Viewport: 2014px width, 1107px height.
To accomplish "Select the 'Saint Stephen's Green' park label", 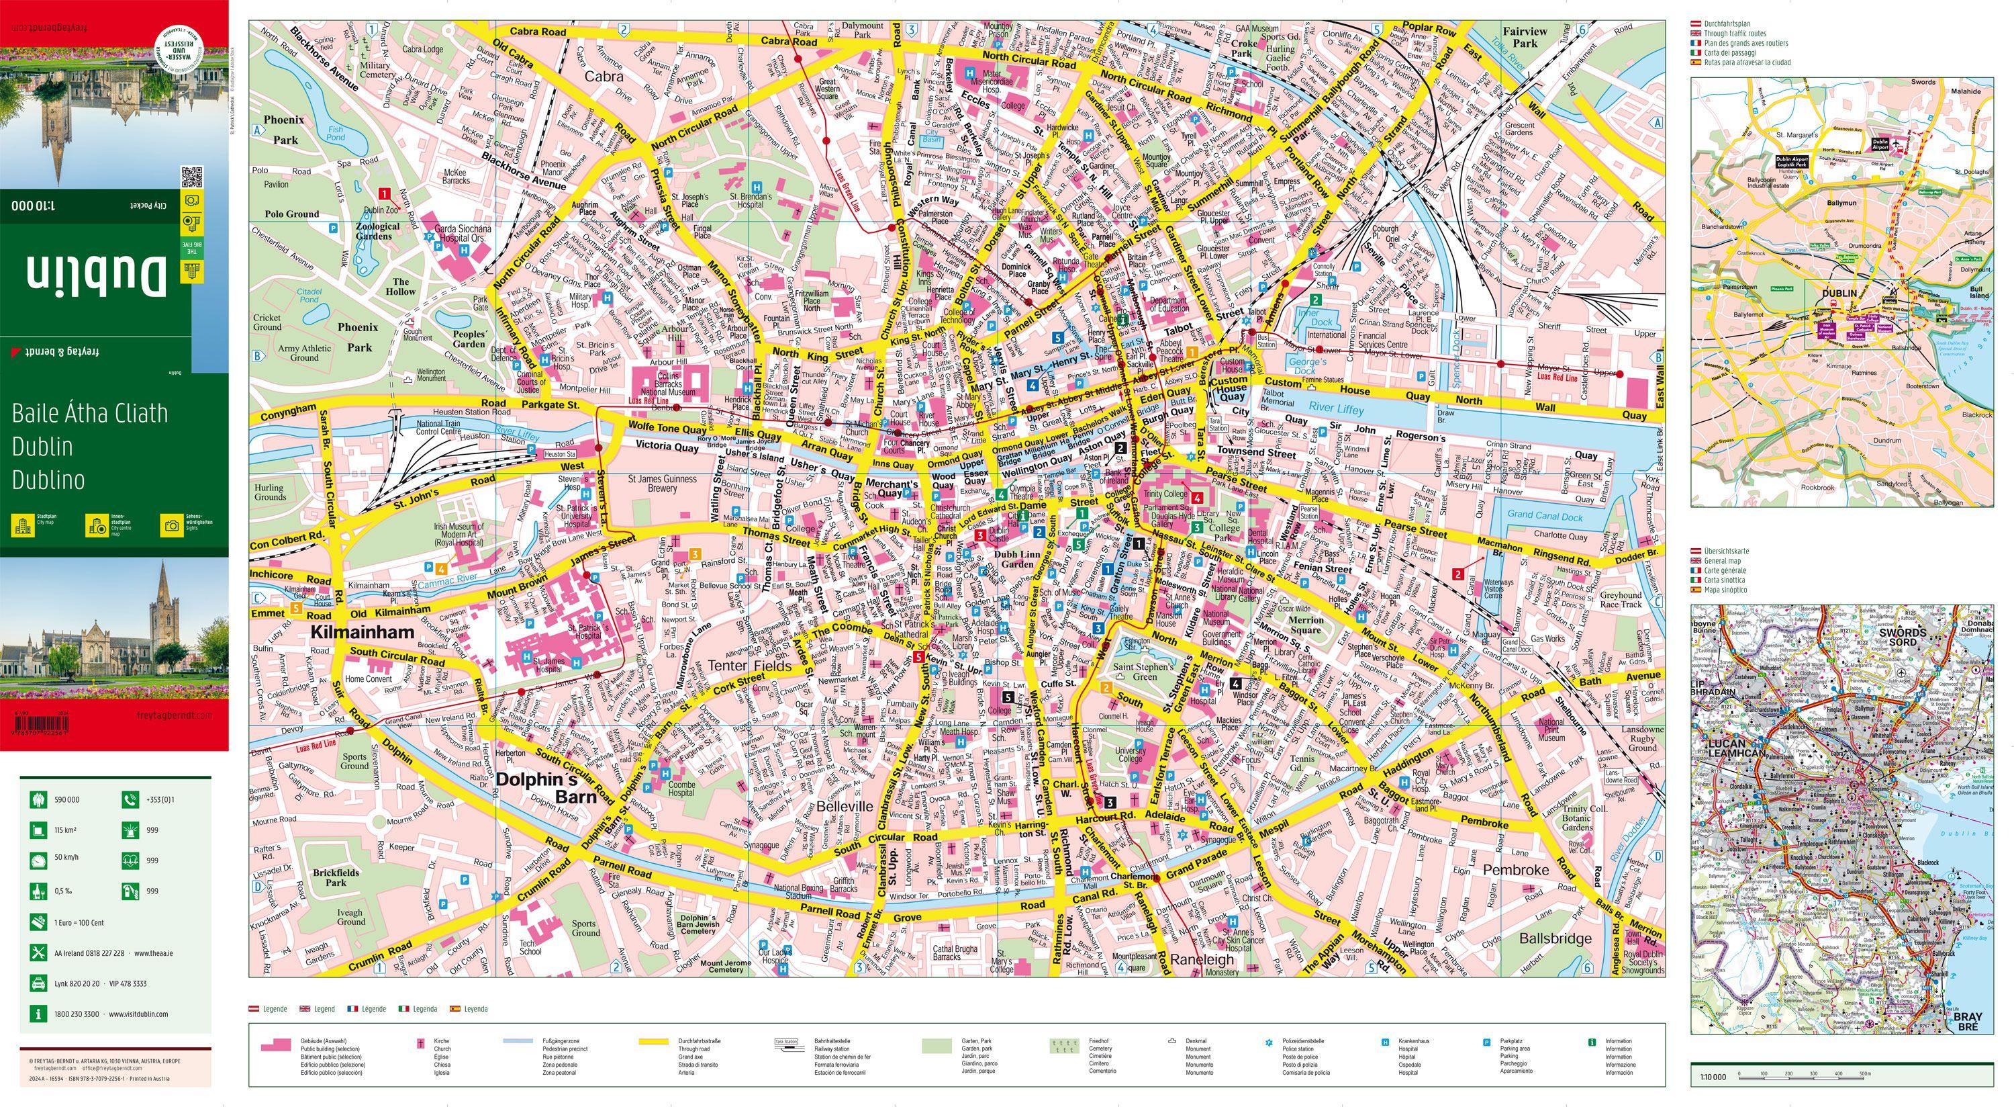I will click(x=1143, y=670).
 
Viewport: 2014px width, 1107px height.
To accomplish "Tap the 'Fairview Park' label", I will click(x=1525, y=37).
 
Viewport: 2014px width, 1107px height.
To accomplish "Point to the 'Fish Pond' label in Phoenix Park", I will click(x=336, y=133).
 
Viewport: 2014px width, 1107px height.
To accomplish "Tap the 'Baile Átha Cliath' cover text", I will click(x=90, y=413).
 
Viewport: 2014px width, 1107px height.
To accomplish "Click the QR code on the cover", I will click(x=191, y=177).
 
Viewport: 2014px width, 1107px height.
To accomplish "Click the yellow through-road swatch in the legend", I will click(x=657, y=1042).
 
